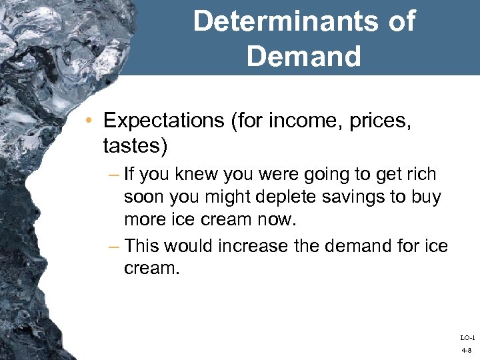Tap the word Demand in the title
click(303, 56)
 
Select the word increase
click(263, 246)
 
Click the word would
click(188, 246)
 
